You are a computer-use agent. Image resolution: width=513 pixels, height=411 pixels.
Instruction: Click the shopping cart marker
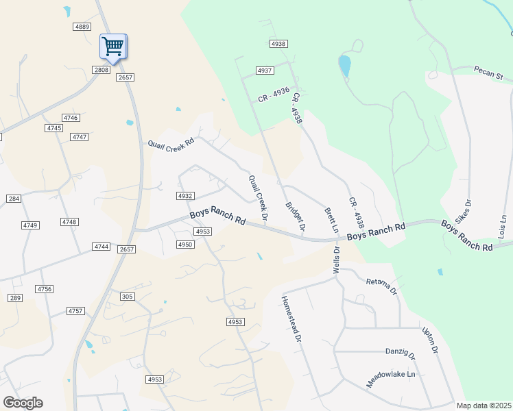click(x=113, y=47)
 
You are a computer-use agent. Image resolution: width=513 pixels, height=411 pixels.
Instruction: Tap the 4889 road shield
click(x=82, y=26)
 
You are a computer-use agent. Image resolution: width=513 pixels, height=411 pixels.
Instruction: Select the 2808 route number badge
click(x=102, y=70)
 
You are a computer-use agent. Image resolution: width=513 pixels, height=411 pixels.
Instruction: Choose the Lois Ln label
click(x=503, y=227)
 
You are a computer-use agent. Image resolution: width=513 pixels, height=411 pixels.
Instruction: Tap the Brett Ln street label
click(x=332, y=220)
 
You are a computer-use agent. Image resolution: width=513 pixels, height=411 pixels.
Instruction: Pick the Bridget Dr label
click(x=295, y=214)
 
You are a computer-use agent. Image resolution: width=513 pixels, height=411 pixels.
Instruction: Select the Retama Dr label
click(x=382, y=286)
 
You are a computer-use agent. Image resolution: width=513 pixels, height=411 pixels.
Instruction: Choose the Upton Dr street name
click(x=430, y=340)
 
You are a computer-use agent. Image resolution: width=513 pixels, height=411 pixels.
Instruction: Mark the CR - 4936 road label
click(x=274, y=95)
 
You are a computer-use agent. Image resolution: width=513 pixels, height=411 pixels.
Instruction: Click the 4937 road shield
click(x=265, y=71)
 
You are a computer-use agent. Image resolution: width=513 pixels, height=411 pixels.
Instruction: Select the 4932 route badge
click(x=184, y=196)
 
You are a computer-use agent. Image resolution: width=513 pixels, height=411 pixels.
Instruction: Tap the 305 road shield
click(x=127, y=296)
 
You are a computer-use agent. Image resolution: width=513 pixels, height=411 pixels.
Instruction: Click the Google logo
click(x=23, y=403)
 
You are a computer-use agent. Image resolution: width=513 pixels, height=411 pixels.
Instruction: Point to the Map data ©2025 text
click(x=484, y=406)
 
